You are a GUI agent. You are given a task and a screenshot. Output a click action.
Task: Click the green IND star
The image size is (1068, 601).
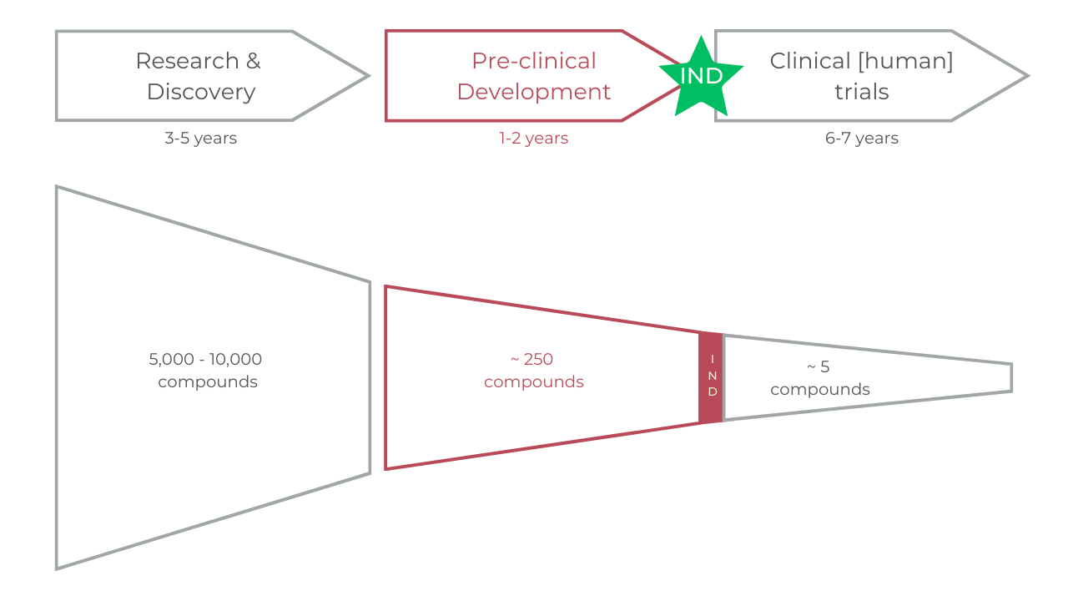tap(701, 76)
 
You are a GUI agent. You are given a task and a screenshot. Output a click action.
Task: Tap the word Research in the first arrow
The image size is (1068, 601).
tap(175, 61)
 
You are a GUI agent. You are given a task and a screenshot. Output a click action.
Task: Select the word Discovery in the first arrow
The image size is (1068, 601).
tap(201, 92)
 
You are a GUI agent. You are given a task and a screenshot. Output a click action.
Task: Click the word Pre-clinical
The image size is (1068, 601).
tap(534, 61)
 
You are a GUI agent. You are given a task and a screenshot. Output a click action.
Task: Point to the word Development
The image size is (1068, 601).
tap(534, 92)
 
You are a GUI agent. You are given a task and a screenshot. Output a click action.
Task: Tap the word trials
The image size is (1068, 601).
tap(862, 92)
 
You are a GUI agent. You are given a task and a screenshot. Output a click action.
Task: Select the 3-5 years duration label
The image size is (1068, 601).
tap(200, 139)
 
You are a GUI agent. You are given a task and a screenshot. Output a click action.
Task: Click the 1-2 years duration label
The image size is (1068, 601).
tap(534, 139)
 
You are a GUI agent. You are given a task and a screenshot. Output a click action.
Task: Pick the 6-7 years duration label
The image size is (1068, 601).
tap(862, 139)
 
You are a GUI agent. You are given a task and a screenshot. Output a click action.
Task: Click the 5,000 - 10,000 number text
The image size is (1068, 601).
tap(205, 360)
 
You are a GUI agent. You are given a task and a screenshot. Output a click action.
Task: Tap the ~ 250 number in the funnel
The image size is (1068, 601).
tap(532, 360)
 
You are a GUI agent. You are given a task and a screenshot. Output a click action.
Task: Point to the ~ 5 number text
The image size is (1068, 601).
tap(819, 366)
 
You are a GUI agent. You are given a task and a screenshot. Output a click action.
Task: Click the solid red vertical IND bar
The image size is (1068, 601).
tap(711, 377)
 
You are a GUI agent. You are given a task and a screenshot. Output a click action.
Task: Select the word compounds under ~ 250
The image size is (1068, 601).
tap(534, 382)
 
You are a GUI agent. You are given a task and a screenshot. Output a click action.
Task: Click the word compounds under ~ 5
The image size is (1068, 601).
tap(820, 390)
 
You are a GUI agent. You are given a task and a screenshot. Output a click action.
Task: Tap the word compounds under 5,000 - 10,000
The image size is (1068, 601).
tap(208, 382)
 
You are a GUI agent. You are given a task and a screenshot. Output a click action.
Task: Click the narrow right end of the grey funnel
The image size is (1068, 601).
tap(1010, 377)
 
